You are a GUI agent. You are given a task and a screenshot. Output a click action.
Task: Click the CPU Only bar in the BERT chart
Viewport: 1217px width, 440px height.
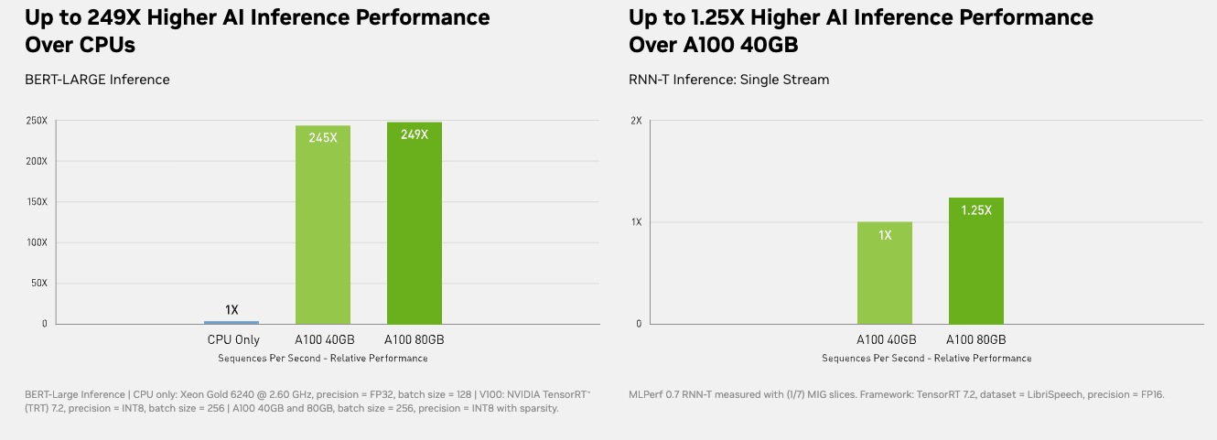pos(232,322)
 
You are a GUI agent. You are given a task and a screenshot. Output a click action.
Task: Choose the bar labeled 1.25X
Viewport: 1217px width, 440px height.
pos(976,261)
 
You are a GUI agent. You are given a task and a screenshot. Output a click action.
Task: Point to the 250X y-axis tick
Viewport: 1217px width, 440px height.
pos(37,121)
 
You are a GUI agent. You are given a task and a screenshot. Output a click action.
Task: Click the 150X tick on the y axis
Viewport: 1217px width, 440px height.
pos(37,202)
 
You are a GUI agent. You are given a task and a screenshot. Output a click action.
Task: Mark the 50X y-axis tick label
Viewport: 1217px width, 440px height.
pos(39,284)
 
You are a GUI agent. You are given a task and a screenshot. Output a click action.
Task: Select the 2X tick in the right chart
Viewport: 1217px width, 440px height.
pos(634,121)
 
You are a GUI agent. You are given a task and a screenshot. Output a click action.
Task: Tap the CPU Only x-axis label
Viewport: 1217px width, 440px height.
pos(233,340)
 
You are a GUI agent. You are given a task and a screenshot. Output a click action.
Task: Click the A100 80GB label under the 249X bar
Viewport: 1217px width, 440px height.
pos(415,340)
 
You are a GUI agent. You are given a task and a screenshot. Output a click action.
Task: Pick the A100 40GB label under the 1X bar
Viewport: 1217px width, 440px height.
pos(885,340)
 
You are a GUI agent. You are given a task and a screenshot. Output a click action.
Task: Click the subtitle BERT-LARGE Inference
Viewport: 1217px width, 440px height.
pos(97,80)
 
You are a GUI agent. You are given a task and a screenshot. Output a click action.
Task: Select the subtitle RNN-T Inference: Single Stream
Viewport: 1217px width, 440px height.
pos(728,80)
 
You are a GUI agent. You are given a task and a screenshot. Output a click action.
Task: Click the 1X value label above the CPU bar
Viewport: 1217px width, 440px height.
pos(232,310)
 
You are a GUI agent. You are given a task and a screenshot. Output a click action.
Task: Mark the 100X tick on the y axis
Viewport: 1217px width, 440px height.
pos(37,242)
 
